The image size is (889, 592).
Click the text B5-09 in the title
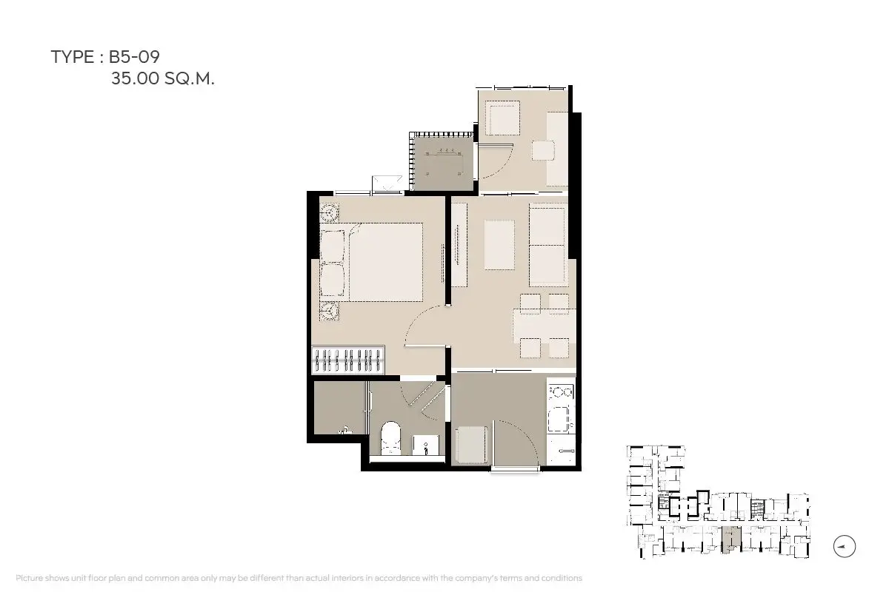[x=134, y=57]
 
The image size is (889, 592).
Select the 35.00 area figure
[x=135, y=78]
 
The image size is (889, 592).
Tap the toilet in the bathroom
[x=391, y=438]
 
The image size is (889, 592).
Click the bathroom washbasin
[x=426, y=445]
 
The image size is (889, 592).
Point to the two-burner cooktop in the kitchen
[x=561, y=392]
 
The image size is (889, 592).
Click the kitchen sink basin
[x=559, y=419]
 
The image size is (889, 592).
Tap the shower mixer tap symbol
[x=345, y=430]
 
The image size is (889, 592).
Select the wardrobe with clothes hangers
[x=348, y=360]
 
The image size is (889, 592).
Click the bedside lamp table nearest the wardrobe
[x=330, y=311]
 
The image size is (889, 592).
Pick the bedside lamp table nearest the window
[x=330, y=213]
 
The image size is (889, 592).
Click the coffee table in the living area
[x=499, y=245]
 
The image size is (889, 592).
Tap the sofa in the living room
[x=548, y=245]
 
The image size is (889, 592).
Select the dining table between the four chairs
[x=544, y=326]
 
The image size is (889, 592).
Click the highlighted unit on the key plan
[x=730, y=539]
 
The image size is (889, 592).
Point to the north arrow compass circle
[x=844, y=546]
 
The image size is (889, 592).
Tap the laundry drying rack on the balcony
[x=444, y=162]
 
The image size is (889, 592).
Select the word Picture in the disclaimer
[x=30, y=578]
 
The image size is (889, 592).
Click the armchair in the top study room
[x=504, y=118]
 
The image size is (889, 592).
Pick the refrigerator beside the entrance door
[x=470, y=445]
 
